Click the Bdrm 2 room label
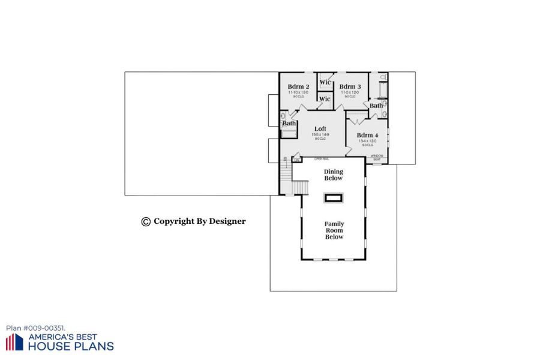point(298,87)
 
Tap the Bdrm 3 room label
point(350,87)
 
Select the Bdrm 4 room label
point(368,135)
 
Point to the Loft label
point(320,129)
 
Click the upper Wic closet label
point(325,82)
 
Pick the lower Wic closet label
point(325,99)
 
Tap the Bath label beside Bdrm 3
point(376,106)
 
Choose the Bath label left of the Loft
point(289,124)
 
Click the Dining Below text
point(334,175)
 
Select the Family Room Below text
point(334,230)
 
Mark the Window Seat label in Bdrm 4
point(377,157)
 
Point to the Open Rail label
point(322,159)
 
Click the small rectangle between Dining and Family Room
point(333,197)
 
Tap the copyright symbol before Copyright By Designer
point(146,221)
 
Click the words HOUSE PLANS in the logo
point(71,346)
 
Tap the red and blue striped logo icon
point(14,342)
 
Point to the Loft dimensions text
point(319,135)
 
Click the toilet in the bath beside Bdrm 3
point(384,78)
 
